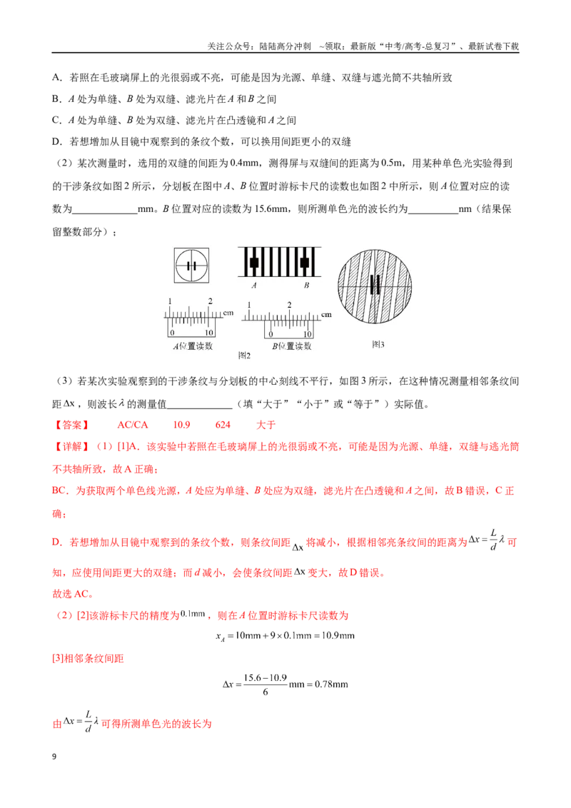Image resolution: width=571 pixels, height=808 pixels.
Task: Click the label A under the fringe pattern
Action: (253, 285)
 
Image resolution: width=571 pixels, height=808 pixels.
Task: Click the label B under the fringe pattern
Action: (306, 285)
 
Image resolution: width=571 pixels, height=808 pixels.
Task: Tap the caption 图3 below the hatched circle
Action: (378, 344)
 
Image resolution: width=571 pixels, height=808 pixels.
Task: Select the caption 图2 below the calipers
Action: (244, 355)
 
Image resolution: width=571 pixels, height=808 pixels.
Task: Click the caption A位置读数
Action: (193, 345)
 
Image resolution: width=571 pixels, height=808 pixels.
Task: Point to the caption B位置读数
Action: (292, 345)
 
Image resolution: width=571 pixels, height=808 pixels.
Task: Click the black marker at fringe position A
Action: (254, 262)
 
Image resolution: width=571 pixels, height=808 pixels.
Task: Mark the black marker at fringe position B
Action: (305, 262)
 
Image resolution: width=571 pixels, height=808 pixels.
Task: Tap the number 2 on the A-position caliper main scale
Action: (211, 301)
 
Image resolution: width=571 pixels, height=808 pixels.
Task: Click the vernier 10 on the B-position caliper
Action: (308, 334)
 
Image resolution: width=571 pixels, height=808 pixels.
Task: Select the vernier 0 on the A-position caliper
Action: (172, 333)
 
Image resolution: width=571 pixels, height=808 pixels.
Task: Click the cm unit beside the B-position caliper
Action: (326, 314)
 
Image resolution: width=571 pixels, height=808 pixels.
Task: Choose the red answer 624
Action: (223, 425)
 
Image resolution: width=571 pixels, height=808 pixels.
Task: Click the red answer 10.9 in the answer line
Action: (181, 425)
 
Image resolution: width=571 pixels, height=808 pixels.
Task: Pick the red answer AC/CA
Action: (133, 425)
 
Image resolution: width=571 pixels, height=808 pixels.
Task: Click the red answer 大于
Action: (266, 425)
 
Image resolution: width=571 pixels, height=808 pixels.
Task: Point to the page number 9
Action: (54, 757)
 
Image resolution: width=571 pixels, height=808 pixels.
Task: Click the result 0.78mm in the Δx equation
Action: (331, 685)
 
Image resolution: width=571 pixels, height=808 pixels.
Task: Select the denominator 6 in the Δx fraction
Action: (266, 692)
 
